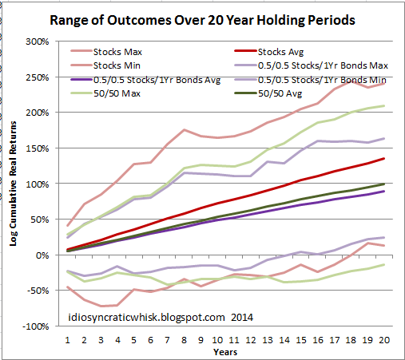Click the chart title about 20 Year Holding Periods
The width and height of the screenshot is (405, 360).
(202, 21)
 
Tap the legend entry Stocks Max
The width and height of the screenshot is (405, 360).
(117, 52)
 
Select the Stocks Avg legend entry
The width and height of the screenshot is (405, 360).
(280, 52)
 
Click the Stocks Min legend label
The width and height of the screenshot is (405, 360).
(117, 65)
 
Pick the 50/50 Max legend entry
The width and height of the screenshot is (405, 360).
(117, 93)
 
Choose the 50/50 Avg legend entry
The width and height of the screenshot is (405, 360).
(280, 93)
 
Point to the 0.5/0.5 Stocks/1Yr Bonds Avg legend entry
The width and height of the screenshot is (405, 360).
(157, 80)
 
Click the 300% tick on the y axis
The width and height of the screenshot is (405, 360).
(38, 42)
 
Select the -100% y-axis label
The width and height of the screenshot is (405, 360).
(36, 326)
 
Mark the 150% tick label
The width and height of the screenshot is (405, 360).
(38, 148)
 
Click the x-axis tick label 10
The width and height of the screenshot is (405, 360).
(217, 340)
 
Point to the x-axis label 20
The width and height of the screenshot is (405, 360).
(384, 340)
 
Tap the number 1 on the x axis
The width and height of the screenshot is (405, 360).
(67, 340)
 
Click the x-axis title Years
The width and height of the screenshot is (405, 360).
(225, 352)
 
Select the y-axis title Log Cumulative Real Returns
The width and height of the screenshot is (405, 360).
(13, 184)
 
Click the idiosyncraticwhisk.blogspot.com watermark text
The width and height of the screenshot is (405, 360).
(146, 318)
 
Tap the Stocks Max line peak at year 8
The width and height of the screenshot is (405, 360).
(184, 129)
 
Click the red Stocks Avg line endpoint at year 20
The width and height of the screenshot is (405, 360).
(384, 159)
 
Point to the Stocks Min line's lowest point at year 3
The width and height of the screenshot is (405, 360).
(101, 306)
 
